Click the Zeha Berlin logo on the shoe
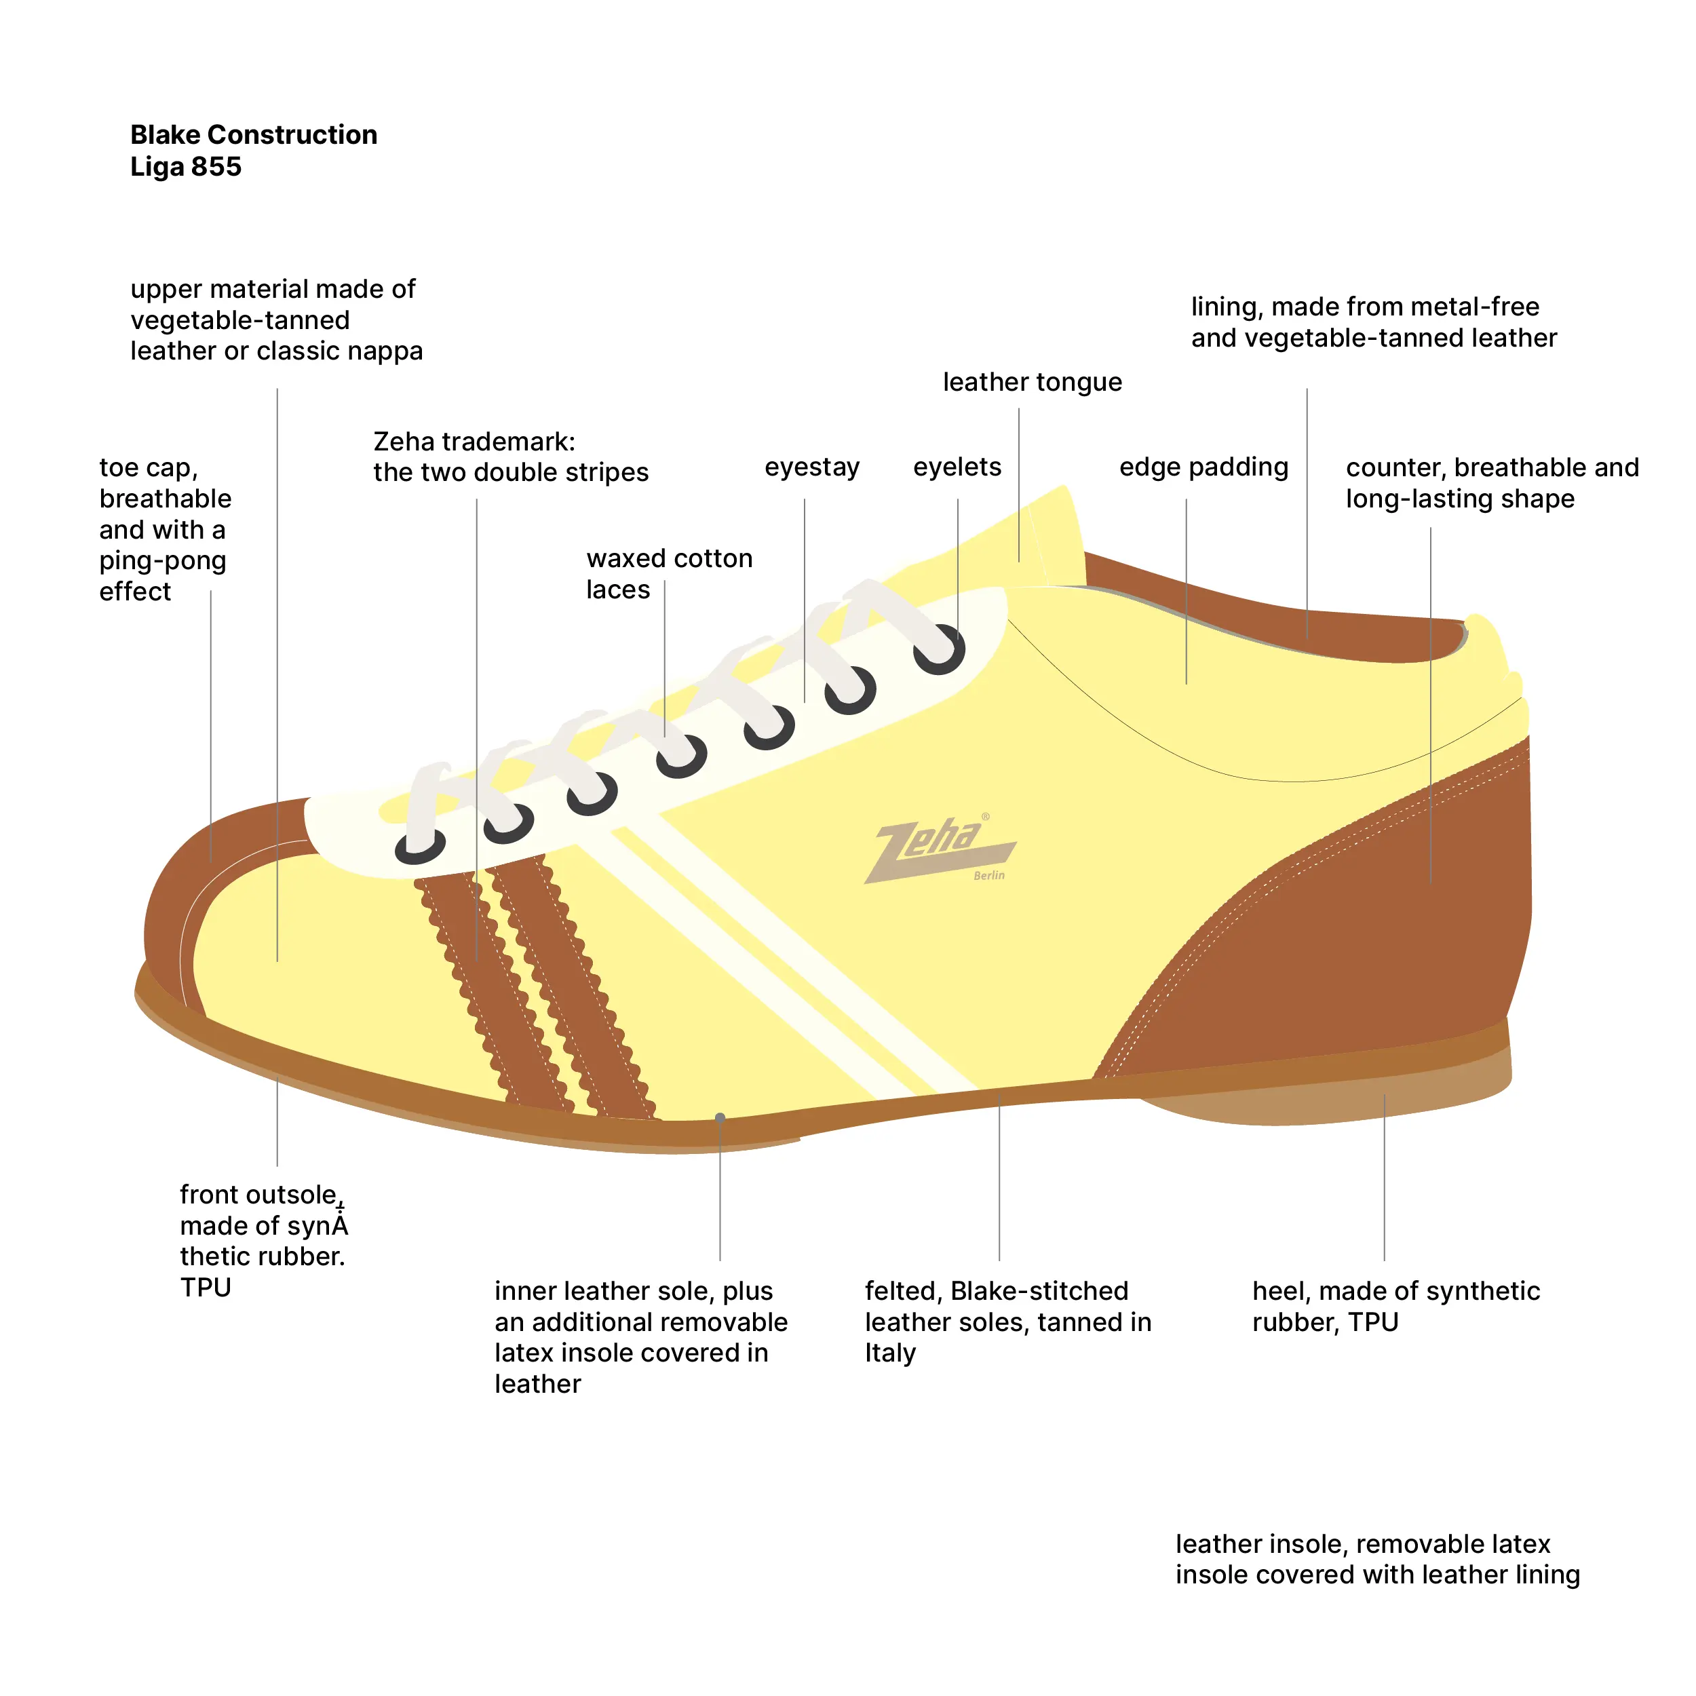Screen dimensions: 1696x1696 coord(940,848)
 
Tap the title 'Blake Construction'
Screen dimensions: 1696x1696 coord(254,134)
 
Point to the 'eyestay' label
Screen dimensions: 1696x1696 coord(811,467)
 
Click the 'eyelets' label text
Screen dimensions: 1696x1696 coord(957,467)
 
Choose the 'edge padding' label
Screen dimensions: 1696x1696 coord(1203,467)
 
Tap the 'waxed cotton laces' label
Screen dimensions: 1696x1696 coord(669,573)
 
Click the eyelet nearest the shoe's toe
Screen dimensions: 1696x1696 coord(420,847)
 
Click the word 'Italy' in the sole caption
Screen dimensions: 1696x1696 coord(889,1353)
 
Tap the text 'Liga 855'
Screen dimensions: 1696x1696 coord(185,167)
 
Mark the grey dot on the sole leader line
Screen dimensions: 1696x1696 coord(720,1117)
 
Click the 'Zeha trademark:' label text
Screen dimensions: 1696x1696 coord(474,441)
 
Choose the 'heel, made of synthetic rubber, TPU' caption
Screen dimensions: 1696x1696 coord(1395,1306)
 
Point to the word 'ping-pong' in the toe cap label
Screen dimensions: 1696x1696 coord(162,560)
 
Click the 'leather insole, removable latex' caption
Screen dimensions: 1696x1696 coord(1362,1543)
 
